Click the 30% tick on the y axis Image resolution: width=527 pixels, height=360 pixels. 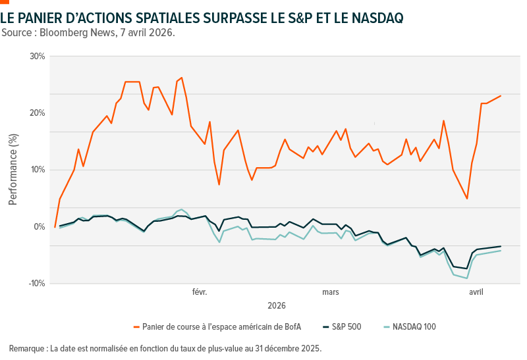[37, 56]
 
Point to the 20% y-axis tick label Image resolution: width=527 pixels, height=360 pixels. [37, 113]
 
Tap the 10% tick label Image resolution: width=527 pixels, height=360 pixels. [37, 170]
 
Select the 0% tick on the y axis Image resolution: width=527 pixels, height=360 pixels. [40, 226]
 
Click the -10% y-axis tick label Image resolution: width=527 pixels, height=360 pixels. [36, 283]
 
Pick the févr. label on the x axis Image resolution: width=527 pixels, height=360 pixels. [200, 292]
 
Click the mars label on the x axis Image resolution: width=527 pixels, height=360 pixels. [331, 292]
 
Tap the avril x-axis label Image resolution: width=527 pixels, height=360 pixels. [476, 292]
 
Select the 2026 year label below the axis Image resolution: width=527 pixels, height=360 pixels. [277, 306]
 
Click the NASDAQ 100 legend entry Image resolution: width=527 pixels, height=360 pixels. [414, 326]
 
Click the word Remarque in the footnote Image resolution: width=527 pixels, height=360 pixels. [27, 347]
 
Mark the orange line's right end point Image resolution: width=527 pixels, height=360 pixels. [501, 95]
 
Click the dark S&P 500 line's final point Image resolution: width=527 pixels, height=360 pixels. [501, 246]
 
